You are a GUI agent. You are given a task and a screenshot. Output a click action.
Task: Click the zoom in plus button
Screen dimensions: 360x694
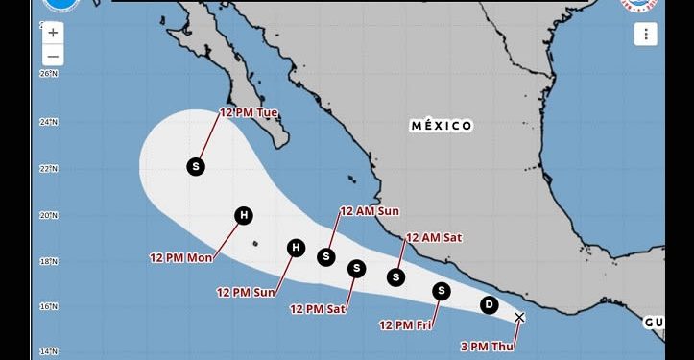click(53, 33)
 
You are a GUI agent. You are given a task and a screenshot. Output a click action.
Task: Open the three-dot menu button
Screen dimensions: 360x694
click(644, 35)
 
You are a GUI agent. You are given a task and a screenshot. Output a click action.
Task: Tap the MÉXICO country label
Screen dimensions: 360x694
click(442, 126)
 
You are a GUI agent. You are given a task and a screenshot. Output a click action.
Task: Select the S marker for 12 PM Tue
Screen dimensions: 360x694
click(196, 166)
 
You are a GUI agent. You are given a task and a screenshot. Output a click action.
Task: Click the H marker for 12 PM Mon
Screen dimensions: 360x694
click(244, 215)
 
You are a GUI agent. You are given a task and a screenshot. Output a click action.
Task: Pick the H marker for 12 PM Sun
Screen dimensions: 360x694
click(297, 249)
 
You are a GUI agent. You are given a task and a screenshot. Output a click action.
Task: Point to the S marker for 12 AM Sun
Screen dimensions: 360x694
click(326, 256)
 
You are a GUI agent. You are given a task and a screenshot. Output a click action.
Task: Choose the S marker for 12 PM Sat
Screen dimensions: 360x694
click(356, 268)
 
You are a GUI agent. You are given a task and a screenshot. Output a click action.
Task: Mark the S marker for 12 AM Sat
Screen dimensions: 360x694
click(395, 277)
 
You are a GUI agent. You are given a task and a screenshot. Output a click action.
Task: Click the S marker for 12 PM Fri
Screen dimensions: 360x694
click(442, 290)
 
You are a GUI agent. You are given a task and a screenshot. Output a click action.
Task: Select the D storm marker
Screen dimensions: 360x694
click(489, 305)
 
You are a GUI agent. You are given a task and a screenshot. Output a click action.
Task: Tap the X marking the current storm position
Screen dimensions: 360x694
click(519, 317)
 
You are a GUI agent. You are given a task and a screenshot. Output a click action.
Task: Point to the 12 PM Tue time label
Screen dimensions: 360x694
click(249, 112)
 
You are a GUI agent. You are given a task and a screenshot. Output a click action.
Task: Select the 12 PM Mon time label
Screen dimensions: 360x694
click(180, 257)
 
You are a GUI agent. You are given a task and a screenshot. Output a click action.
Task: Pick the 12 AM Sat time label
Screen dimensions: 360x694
click(435, 237)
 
